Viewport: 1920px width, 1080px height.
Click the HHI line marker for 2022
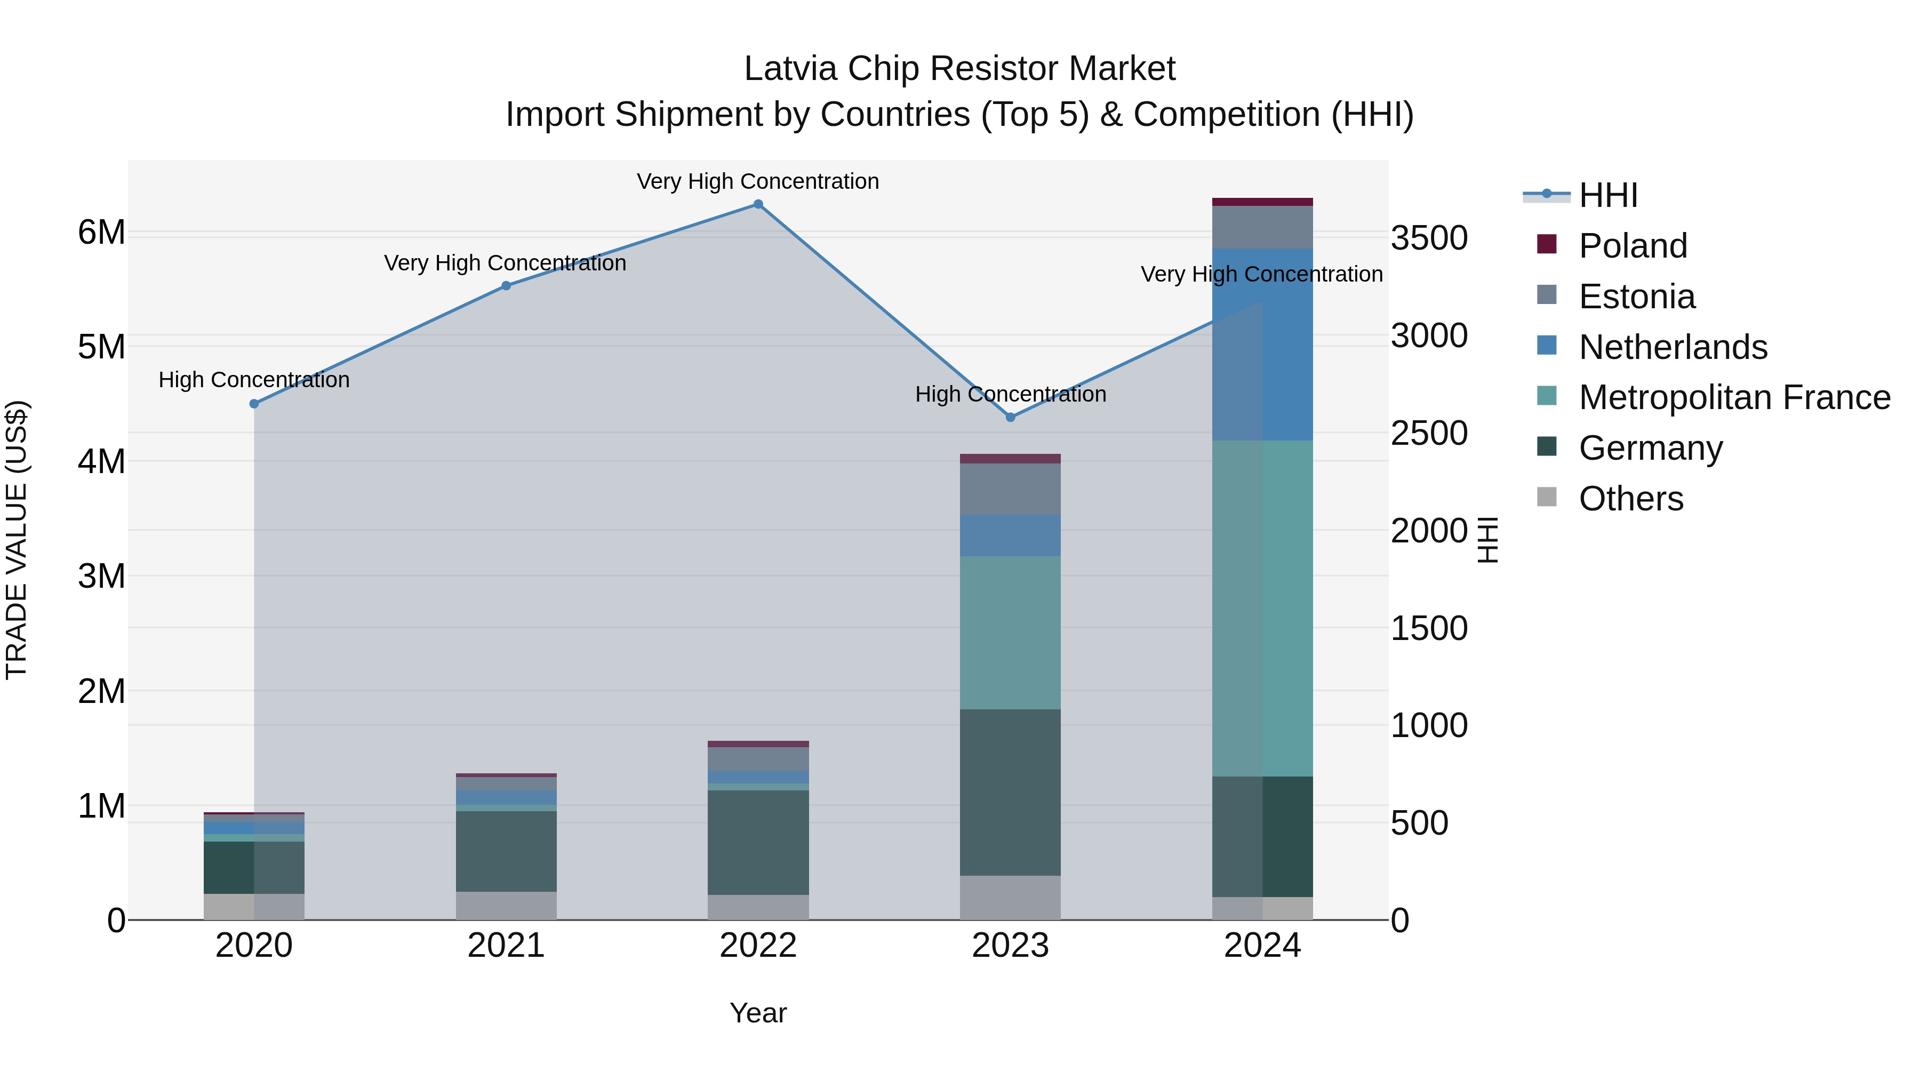pos(758,204)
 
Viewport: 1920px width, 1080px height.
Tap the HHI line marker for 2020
pos(254,404)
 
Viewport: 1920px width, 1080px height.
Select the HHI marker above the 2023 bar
pos(1010,418)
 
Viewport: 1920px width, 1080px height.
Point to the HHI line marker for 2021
pos(506,285)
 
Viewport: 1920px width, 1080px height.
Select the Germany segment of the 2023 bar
pos(1010,793)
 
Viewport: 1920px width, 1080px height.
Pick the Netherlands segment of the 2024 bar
pos(1262,345)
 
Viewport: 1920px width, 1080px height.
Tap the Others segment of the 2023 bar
pos(1010,898)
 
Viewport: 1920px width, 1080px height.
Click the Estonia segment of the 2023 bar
pos(1010,489)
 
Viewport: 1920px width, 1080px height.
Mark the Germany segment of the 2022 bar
pos(758,842)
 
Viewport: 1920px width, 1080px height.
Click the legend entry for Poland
pos(1633,246)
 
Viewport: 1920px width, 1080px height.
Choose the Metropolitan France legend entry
pos(1734,397)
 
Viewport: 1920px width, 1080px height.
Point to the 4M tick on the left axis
pos(101,461)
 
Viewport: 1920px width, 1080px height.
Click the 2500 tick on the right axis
pos(1429,434)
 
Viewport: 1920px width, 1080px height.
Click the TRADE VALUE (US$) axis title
pos(17,540)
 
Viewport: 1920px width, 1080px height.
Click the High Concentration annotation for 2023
pos(1010,394)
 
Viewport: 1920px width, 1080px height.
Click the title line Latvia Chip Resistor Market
pos(959,69)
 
